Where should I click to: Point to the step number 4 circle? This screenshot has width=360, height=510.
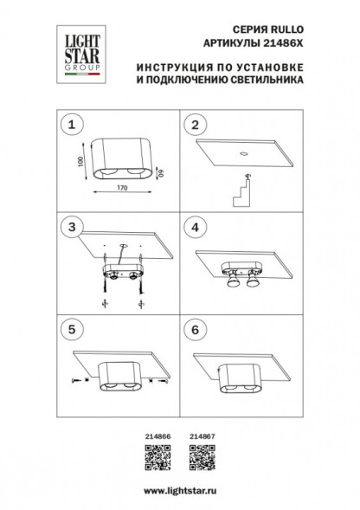195,228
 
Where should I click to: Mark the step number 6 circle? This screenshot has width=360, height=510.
195,330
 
